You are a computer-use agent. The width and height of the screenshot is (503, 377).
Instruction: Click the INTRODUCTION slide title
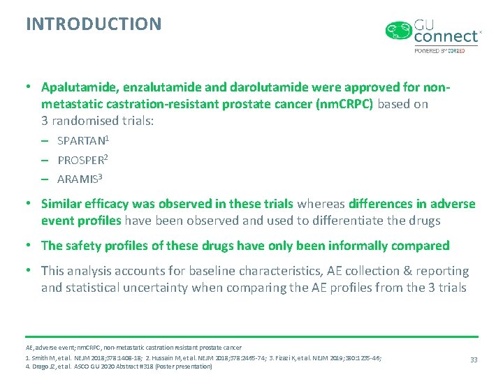click(x=94, y=24)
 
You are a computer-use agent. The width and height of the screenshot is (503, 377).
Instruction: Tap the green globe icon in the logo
click(x=399, y=31)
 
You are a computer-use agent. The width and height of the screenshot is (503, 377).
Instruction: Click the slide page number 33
click(x=474, y=360)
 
